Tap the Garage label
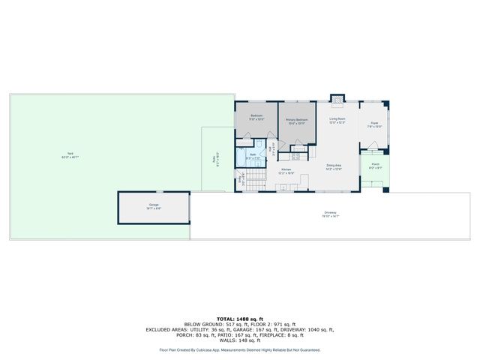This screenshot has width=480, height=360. (x=153, y=205)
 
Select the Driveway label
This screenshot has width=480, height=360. (x=331, y=213)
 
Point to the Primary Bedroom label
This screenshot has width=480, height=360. (x=297, y=120)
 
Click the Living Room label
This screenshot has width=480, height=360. (x=337, y=118)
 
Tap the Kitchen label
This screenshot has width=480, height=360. (x=286, y=170)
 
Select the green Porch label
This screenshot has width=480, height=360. (x=375, y=164)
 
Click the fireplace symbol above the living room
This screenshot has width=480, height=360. (x=337, y=98)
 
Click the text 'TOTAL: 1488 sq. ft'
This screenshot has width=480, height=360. (x=239, y=319)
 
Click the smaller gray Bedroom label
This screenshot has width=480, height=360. (x=256, y=116)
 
